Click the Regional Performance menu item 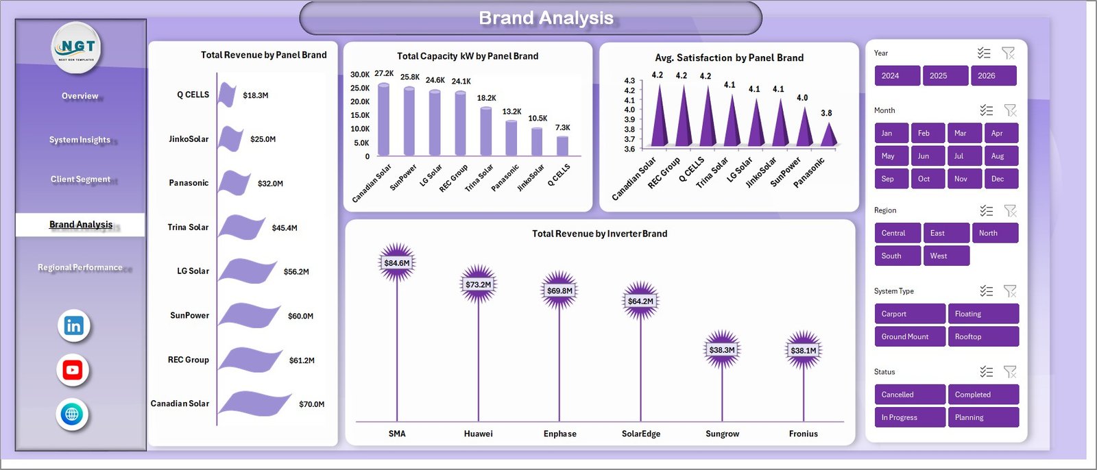(80, 267)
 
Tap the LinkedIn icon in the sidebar (73, 325)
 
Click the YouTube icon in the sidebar (73, 370)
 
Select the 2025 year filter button (945, 75)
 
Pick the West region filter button (945, 256)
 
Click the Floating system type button (982, 314)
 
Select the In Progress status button (909, 417)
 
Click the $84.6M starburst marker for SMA (397, 262)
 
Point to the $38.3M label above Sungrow (722, 349)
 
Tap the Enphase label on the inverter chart (559, 434)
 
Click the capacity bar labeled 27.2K (384, 120)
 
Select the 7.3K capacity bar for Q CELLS (562, 146)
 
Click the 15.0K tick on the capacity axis (360, 115)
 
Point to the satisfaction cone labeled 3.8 (829, 135)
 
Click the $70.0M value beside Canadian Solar (311, 404)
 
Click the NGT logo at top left (77, 47)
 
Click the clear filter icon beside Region (1010, 210)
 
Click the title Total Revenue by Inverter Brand (599, 234)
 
